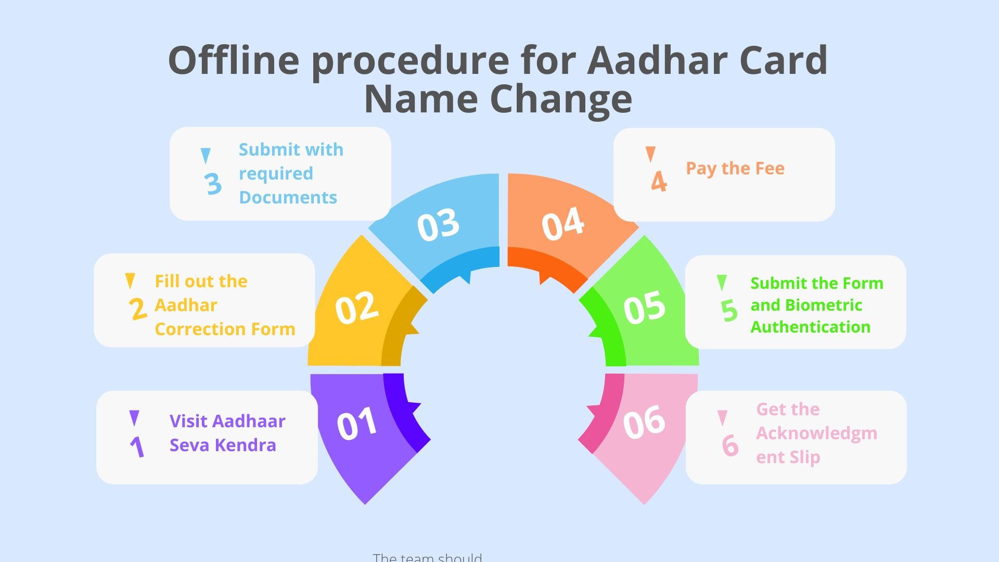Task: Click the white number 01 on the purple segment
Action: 357,424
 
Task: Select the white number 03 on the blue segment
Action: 438,225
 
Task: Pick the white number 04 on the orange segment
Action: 562,224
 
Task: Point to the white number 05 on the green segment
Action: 644,307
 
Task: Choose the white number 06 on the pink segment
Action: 644,421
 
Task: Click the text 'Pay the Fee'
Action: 735,169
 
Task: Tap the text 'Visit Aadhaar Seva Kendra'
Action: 227,433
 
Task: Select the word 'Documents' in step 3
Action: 288,198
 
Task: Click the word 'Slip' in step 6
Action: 805,457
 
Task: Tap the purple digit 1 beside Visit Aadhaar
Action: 137,446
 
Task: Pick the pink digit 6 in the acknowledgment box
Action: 730,445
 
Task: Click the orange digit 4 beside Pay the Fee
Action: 659,182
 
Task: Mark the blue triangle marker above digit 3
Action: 206,155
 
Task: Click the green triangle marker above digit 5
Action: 722,282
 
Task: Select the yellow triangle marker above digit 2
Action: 130,280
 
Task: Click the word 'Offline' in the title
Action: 234,60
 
